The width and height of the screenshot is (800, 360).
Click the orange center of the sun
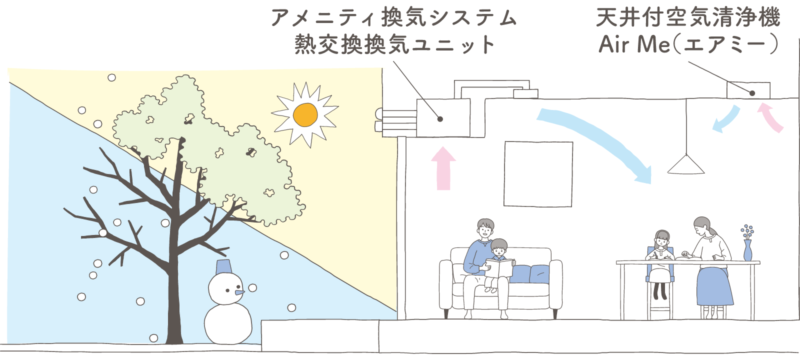[305, 114]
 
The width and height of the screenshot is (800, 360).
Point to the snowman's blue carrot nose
[239, 291]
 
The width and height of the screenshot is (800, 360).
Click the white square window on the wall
[538, 173]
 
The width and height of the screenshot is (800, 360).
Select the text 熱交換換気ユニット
[394, 45]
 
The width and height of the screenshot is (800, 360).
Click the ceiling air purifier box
[748, 90]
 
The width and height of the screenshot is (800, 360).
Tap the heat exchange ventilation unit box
[443, 118]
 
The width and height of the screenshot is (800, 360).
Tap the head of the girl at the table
[662, 239]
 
